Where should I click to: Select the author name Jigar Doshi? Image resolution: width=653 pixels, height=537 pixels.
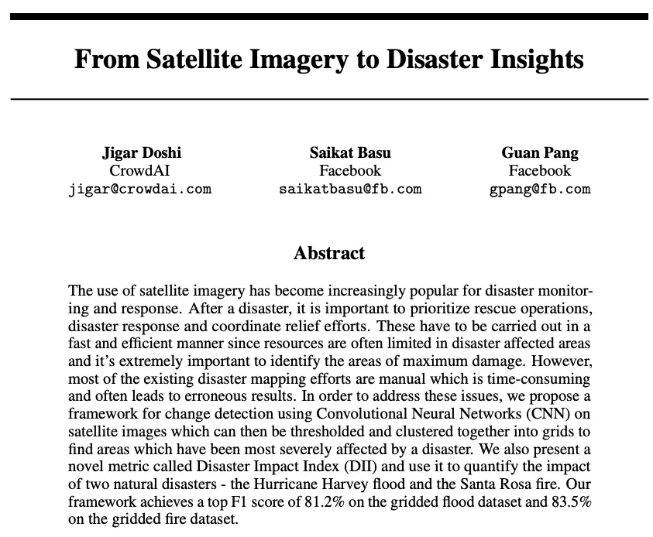point(141,152)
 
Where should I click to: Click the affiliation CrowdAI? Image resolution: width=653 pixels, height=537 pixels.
point(141,170)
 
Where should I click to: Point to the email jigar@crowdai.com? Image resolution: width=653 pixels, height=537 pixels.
point(141,188)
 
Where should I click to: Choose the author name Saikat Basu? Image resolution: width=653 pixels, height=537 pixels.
point(350,152)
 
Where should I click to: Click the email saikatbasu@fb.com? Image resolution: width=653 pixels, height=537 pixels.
point(350,188)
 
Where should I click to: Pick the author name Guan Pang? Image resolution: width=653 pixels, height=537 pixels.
point(540,152)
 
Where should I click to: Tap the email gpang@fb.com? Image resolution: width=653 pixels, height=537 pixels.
point(540,188)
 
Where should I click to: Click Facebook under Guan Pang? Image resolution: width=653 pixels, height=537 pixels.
point(540,170)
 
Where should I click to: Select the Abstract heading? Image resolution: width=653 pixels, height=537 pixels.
point(329,253)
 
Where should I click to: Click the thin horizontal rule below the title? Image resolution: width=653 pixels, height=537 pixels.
point(329,99)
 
